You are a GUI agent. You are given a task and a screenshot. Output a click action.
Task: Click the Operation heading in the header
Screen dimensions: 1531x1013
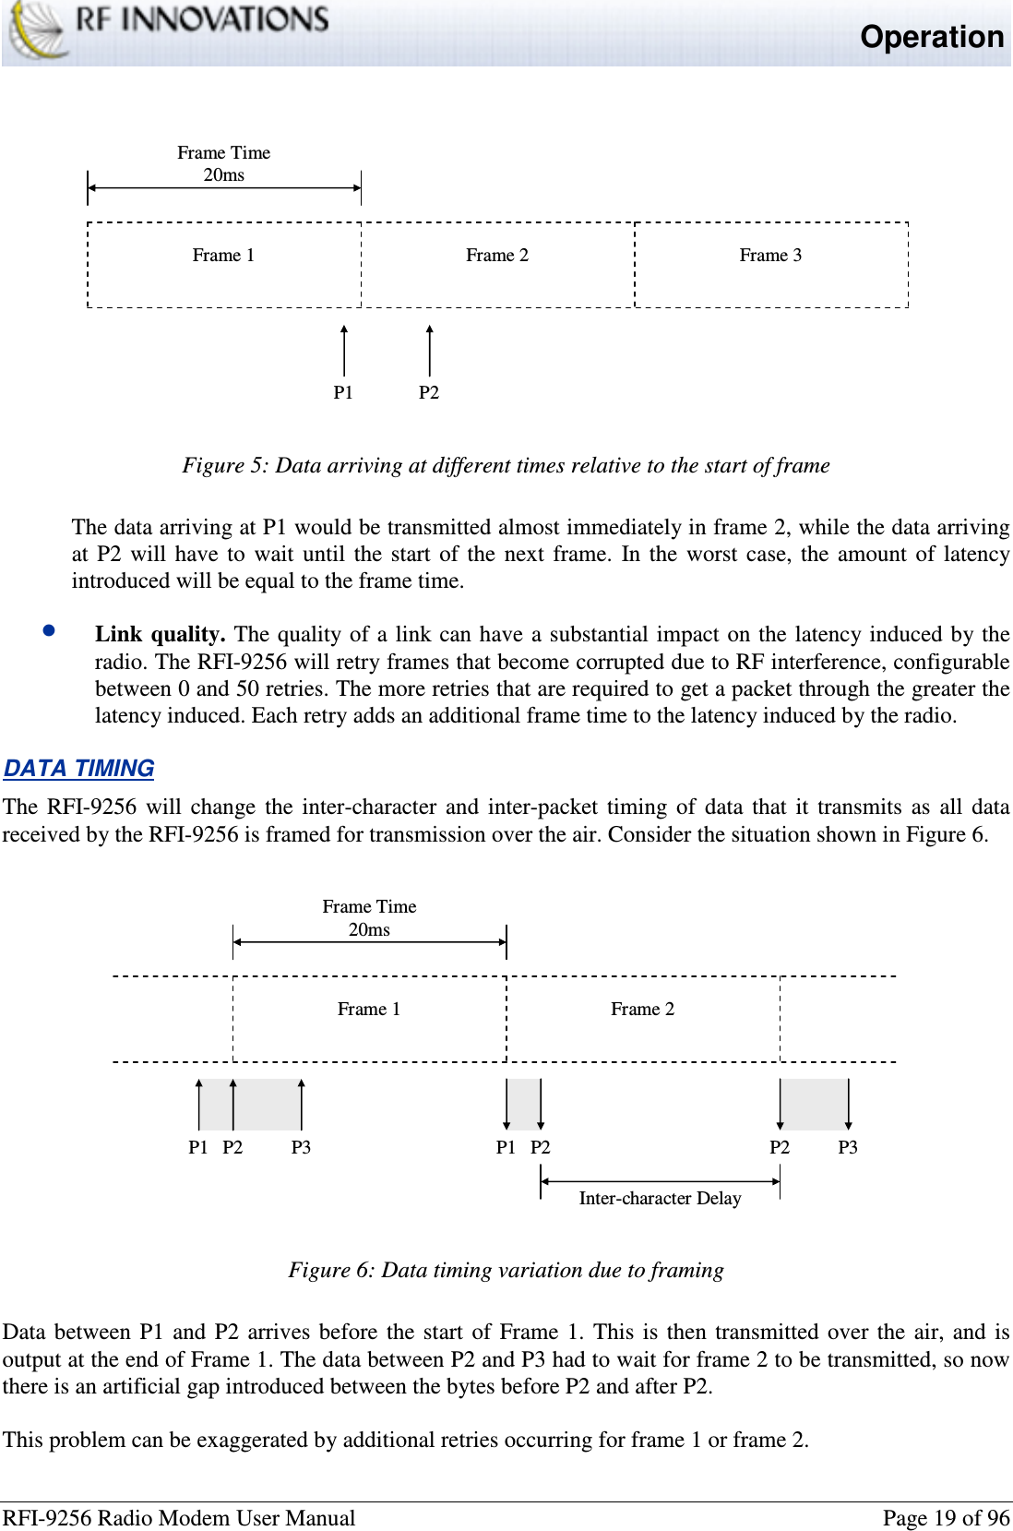pyautogui.click(x=931, y=37)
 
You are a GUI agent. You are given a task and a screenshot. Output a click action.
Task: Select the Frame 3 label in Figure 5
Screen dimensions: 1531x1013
pyautogui.click(x=770, y=256)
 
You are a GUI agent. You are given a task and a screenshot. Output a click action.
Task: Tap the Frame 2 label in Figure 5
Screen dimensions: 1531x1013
pyautogui.click(x=497, y=256)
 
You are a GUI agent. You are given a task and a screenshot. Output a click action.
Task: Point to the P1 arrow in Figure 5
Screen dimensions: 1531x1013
pyautogui.click(x=344, y=351)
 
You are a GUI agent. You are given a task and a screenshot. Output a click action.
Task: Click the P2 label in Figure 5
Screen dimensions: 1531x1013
pyautogui.click(x=429, y=393)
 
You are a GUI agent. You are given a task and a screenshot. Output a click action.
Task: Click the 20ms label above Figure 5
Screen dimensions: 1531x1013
pyautogui.click(x=224, y=175)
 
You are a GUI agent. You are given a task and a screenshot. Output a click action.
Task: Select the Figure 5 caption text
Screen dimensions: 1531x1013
pyautogui.click(x=506, y=465)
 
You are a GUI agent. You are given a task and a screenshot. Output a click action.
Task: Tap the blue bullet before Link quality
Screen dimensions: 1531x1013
pyautogui.click(x=50, y=631)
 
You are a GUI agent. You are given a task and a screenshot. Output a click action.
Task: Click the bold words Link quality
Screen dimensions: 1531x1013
pyautogui.click(x=160, y=634)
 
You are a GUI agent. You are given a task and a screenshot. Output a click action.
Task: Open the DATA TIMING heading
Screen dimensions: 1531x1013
pyautogui.click(x=79, y=769)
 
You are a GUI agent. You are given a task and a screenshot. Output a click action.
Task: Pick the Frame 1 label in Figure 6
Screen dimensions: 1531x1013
pyautogui.click(x=369, y=1010)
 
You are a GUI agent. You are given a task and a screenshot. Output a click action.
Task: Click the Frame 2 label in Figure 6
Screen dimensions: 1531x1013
pyautogui.click(x=642, y=1010)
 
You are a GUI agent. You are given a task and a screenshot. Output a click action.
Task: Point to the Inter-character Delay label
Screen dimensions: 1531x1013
pyautogui.click(x=660, y=1199)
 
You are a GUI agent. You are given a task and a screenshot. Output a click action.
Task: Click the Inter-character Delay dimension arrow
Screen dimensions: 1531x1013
pyautogui.click(x=660, y=1181)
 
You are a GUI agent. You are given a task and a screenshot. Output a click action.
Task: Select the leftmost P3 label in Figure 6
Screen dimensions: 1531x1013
pyautogui.click(x=301, y=1148)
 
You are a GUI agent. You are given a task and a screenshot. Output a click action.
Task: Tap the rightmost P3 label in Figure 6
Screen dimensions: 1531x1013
pyautogui.click(x=847, y=1148)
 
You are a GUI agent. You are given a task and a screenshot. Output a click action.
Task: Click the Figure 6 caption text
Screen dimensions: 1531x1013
pyautogui.click(x=506, y=1271)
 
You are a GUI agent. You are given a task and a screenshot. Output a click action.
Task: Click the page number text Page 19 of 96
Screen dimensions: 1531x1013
pyautogui.click(x=946, y=1518)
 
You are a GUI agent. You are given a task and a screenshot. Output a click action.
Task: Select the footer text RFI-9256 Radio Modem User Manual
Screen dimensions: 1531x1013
pyautogui.click(x=179, y=1518)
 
